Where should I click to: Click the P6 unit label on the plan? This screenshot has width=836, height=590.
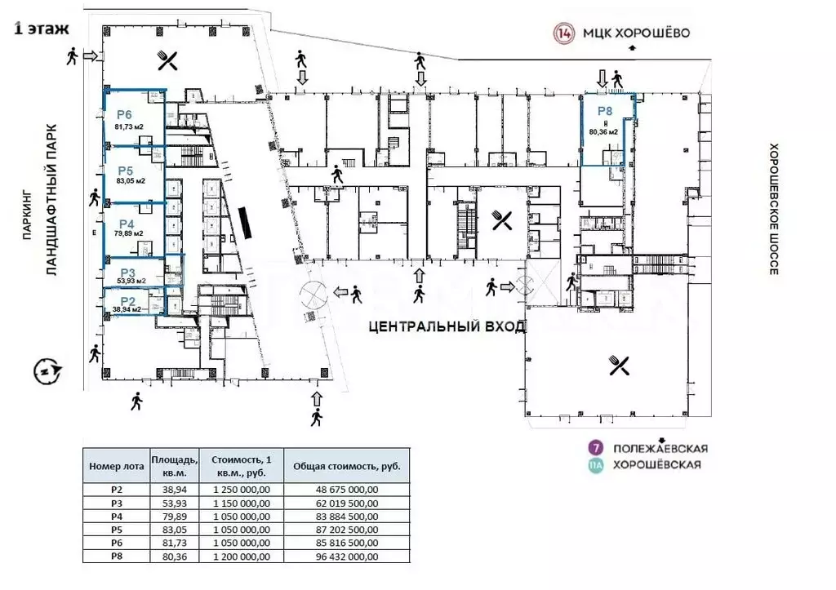[125, 115]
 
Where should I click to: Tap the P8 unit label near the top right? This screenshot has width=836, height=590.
[604, 111]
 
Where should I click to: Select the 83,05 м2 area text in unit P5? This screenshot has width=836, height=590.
[131, 181]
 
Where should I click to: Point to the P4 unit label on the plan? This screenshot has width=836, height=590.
[127, 224]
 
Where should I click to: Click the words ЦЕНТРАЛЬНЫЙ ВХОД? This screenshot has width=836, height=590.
[445, 326]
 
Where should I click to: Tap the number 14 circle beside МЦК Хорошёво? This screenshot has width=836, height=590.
[563, 33]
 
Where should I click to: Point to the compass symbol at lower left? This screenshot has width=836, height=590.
[47, 371]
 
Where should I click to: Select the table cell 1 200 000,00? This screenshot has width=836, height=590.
[241, 557]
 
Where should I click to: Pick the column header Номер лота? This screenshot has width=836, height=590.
[116, 466]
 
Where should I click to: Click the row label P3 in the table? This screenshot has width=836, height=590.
[116, 503]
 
